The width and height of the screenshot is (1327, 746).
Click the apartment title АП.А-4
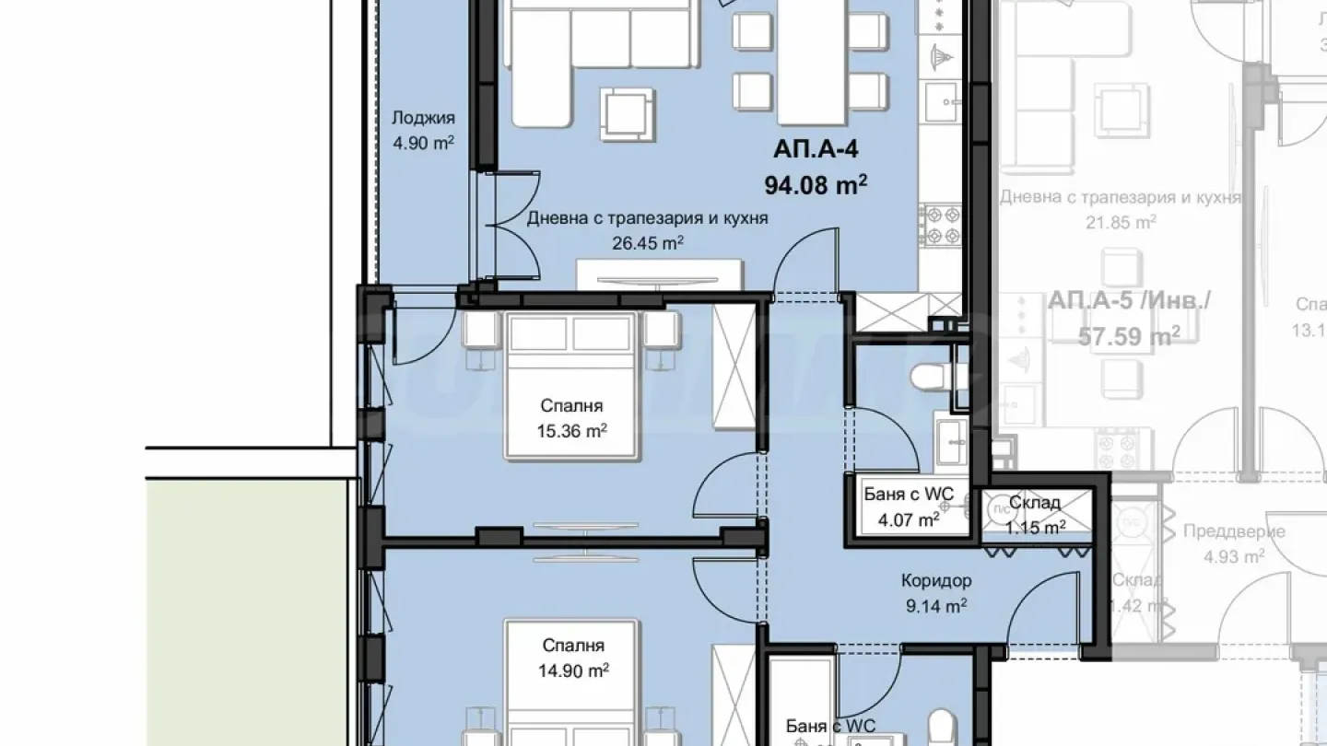(x=816, y=150)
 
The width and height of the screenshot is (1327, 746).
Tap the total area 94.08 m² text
(x=816, y=185)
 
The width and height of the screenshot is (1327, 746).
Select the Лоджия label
(x=423, y=118)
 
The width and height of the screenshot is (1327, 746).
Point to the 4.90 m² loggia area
(x=423, y=143)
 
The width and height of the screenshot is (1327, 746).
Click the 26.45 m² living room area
(x=647, y=243)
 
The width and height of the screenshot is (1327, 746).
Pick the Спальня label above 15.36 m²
(x=571, y=405)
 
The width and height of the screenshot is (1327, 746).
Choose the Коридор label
(x=936, y=581)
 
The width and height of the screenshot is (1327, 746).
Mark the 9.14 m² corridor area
(x=936, y=606)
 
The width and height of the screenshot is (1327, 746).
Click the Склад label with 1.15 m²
(x=1035, y=503)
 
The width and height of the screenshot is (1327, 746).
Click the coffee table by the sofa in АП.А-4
(x=628, y=113)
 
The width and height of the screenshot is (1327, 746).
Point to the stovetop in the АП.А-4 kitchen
(x=942, y=225)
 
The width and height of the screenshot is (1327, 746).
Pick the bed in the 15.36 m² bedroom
(x=571, y=385)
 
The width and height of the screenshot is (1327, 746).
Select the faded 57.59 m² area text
(x=1129, y=335)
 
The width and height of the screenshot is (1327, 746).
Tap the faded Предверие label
(x=1221, y=532)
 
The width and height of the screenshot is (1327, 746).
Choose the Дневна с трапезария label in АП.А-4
(x=647, y=219)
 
